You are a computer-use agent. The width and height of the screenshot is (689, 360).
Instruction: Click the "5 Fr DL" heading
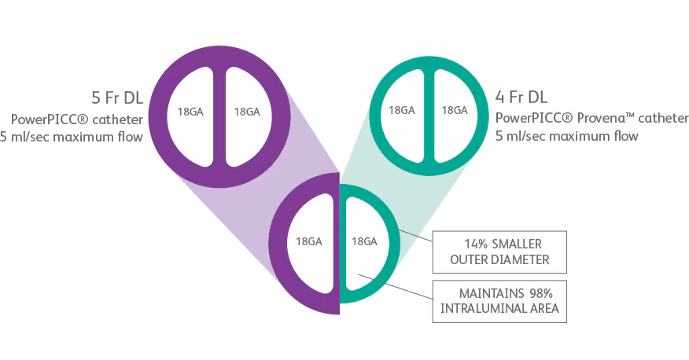pyautogui.click(x=117, y=97)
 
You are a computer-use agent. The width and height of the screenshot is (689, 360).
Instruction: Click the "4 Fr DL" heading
pyautogui.click(x=521, y=97)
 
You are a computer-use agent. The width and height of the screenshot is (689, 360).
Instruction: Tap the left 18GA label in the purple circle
pyautogui.click(x=190, y=112)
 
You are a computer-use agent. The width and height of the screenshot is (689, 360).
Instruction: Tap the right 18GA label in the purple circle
pyautogui.click(x=247, y=112)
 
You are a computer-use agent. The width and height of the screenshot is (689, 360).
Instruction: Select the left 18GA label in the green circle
pyautogui.click(x=402, y=110)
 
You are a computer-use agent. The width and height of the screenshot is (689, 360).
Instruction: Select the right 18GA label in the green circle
pyautogui.click(x=455, y=110)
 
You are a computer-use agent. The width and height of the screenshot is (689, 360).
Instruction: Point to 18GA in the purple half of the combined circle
pyautogui.click(x=309, y=241)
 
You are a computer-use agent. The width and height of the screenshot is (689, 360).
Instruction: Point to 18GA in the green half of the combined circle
pyautogui.click(x=364, y=241)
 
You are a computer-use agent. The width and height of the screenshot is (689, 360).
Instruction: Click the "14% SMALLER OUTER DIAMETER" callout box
pyautogui.click(x=499, y=252)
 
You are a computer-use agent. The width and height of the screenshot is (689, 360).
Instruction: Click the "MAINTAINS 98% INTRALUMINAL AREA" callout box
pyautogui.click(x=499, y=301)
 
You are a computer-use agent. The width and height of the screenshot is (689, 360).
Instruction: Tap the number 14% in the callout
pyautogui.click(x=475, y=244)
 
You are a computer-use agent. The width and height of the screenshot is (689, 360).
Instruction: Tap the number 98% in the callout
pyautogui.click(x=541, y=293)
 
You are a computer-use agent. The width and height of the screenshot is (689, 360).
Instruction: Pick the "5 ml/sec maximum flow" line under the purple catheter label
pyautogui.click(x=72, y=137)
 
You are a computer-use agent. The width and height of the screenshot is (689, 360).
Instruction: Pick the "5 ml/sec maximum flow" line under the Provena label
pyautogui.click(x=567, y=136)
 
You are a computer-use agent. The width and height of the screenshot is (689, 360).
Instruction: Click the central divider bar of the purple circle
pyautogui.click(x=219, y=117)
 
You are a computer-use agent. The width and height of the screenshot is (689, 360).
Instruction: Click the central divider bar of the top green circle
pyautogui.click(x=429, y=116)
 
